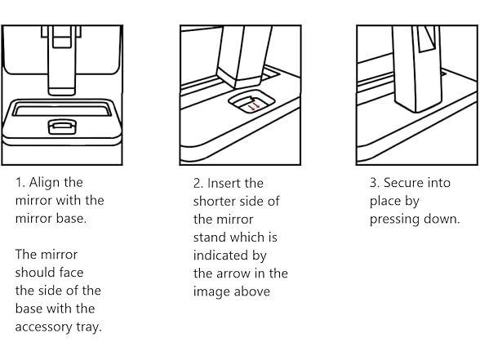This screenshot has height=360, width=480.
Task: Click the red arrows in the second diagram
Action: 254,106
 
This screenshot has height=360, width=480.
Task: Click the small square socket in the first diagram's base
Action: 62,127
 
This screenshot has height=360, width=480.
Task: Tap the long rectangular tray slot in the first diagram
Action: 62,109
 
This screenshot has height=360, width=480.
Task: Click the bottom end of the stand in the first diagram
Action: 62,91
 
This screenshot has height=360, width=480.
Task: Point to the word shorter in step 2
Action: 213,202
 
